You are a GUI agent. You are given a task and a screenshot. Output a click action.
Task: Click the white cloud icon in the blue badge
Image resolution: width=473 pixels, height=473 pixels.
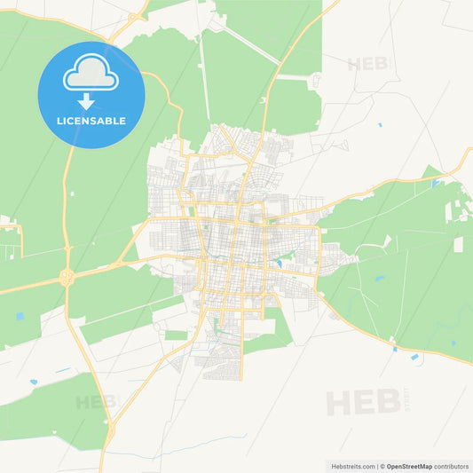[91, 75]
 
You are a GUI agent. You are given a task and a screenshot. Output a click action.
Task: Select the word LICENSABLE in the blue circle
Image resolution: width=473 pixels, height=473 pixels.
[91, 120]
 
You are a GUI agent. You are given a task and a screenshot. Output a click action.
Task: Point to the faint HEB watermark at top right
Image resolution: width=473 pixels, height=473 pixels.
[367, 64]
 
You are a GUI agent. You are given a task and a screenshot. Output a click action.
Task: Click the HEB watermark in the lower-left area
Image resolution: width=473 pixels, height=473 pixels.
[96, 402]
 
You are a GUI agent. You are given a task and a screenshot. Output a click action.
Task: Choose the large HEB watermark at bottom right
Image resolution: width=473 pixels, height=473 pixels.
[362, 402]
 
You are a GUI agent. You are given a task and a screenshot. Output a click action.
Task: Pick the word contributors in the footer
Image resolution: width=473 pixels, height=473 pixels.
[451, 465]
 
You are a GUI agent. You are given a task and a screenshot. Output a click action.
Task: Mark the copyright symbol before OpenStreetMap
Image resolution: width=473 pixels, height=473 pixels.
[382, 465]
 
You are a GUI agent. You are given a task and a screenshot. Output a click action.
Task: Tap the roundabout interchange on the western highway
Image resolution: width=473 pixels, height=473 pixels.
[67, 277]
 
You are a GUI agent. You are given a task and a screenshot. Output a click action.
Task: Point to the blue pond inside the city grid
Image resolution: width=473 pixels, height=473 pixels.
[279, 263]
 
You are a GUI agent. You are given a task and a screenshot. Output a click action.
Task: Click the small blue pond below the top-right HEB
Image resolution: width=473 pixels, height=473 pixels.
[379, 125]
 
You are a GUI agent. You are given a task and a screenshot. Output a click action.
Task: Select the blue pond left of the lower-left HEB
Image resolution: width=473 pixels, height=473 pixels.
[34, 382]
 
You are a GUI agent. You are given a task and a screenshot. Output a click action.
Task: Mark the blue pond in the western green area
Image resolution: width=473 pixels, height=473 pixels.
[20, 315]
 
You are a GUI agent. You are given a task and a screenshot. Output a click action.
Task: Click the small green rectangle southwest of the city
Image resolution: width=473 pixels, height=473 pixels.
[177, 335]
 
